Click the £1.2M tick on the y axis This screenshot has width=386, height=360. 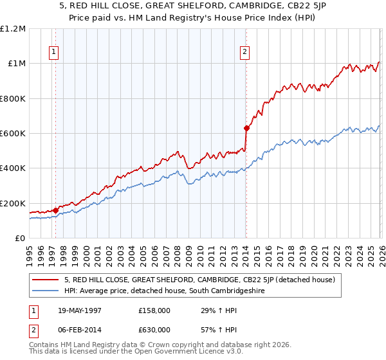[x=13, y=29]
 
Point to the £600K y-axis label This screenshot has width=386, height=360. [x=13, y=134]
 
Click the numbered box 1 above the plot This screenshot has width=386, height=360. [x=53, y=53]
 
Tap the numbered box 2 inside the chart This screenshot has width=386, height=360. [x=245, y=53]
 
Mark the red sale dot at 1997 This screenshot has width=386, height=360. [x=56, y=210]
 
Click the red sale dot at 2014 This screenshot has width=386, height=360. [x=246, y=128]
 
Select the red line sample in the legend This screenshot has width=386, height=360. [x=46, y=280]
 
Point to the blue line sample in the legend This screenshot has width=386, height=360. [x=46, y=291]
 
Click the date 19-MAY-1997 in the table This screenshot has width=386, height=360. [x=80, y=311]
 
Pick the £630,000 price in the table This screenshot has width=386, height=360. [x=154, y=329]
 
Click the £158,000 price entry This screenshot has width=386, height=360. [x=154, y=311]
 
